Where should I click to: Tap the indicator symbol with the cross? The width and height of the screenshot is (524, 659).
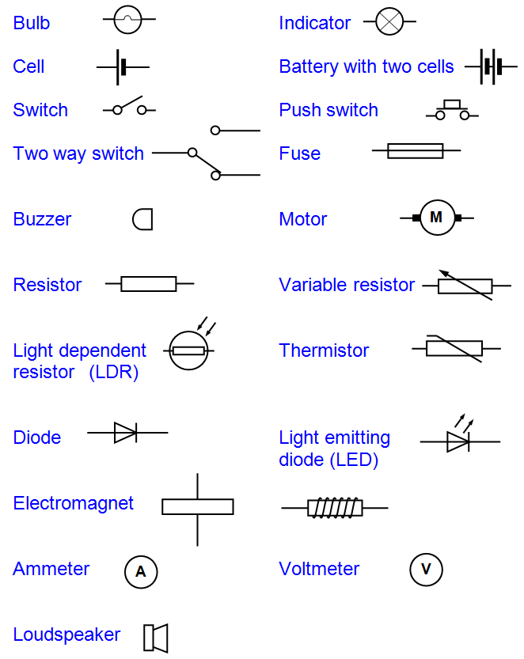point(389,21)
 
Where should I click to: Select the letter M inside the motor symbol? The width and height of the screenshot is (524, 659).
point(435,218)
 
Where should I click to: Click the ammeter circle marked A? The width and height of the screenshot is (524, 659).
point(141,572)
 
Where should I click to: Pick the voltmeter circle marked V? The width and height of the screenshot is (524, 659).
point(426,570)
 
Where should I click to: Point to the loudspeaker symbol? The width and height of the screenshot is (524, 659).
point(156,638)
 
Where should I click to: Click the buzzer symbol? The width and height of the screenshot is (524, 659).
point(142,219)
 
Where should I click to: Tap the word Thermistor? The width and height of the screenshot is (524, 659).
point(324,350)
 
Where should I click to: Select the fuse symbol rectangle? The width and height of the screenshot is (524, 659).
point(415,150)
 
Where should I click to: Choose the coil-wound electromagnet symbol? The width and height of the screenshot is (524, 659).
point(335,507)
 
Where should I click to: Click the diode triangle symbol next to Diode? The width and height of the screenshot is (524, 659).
point(126,433)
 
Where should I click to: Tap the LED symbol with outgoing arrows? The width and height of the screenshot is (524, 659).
point(458,439)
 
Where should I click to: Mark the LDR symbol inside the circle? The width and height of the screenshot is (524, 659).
point(188,350)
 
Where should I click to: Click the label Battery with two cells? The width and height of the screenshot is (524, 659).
point(366,66)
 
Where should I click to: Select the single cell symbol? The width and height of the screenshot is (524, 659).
point(122,67)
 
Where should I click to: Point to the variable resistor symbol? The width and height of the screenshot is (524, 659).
point(465,286)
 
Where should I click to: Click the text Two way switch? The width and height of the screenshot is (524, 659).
point(78,153)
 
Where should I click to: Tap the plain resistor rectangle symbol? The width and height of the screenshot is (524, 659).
point(149,283)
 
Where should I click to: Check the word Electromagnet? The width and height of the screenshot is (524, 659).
point(73,503)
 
